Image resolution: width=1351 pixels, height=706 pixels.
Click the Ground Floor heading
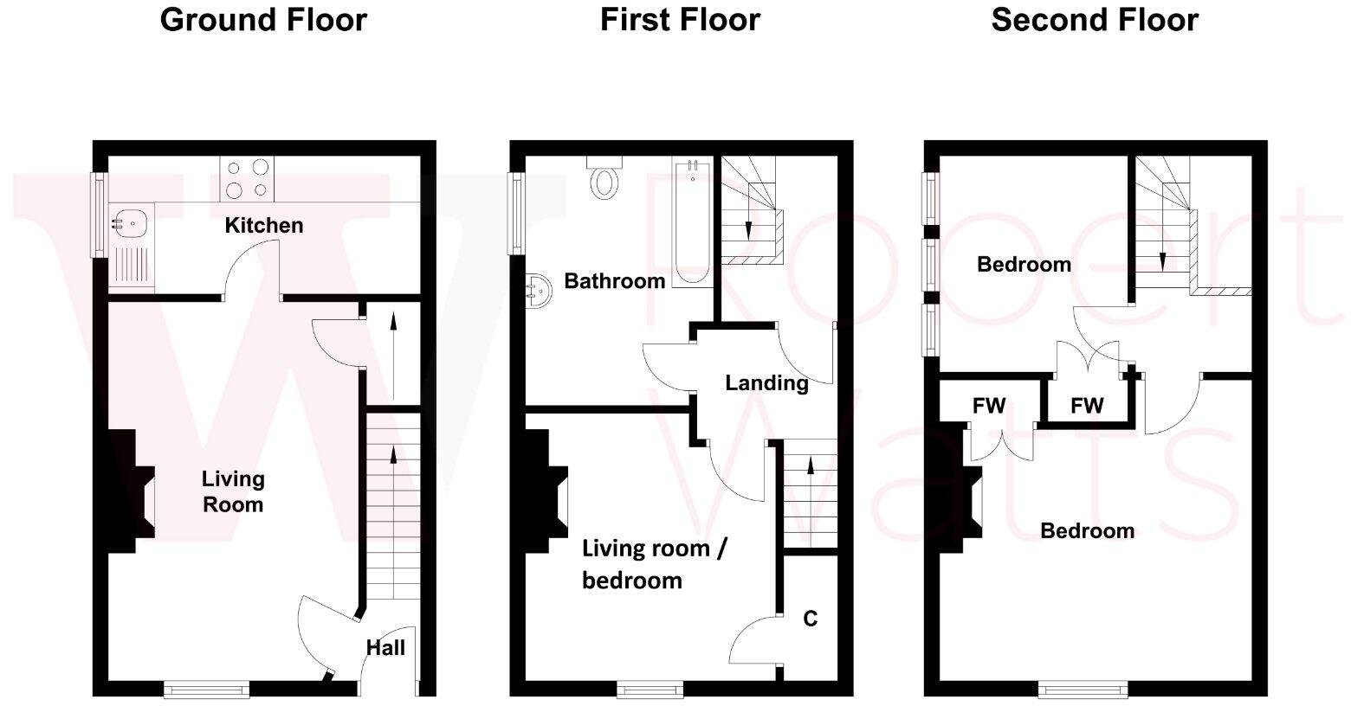click(263, 20)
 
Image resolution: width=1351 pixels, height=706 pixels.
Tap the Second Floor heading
click(1095, 20)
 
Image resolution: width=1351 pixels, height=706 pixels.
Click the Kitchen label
click(264, 226)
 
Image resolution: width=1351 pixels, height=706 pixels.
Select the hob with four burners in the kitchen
click(248, 178)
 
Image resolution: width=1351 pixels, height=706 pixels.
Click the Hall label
click(385, 647)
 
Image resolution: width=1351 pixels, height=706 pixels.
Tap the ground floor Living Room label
click(233, 491)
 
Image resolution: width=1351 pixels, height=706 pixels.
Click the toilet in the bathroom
click(604, 178)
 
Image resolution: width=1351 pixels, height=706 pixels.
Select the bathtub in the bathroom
click(693, 221)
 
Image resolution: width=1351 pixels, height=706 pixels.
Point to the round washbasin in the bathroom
click(537, 290)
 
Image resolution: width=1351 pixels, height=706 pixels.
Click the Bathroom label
click(614, 281)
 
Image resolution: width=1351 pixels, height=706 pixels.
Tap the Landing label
click(766, 382)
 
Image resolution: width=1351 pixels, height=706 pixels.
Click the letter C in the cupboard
click(810, 619)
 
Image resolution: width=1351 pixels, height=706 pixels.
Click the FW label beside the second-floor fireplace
click(989, 406)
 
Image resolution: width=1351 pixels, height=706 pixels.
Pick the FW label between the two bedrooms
click(1087, 406)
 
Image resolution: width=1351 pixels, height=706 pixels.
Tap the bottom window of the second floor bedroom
click(1083, 690)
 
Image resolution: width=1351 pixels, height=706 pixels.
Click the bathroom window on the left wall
click(517, 213)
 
